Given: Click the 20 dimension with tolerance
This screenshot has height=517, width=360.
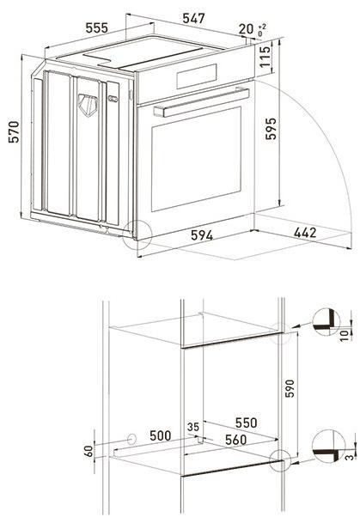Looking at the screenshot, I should coord(248,30).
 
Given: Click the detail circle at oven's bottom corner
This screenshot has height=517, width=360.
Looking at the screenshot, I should coord(137,233).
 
